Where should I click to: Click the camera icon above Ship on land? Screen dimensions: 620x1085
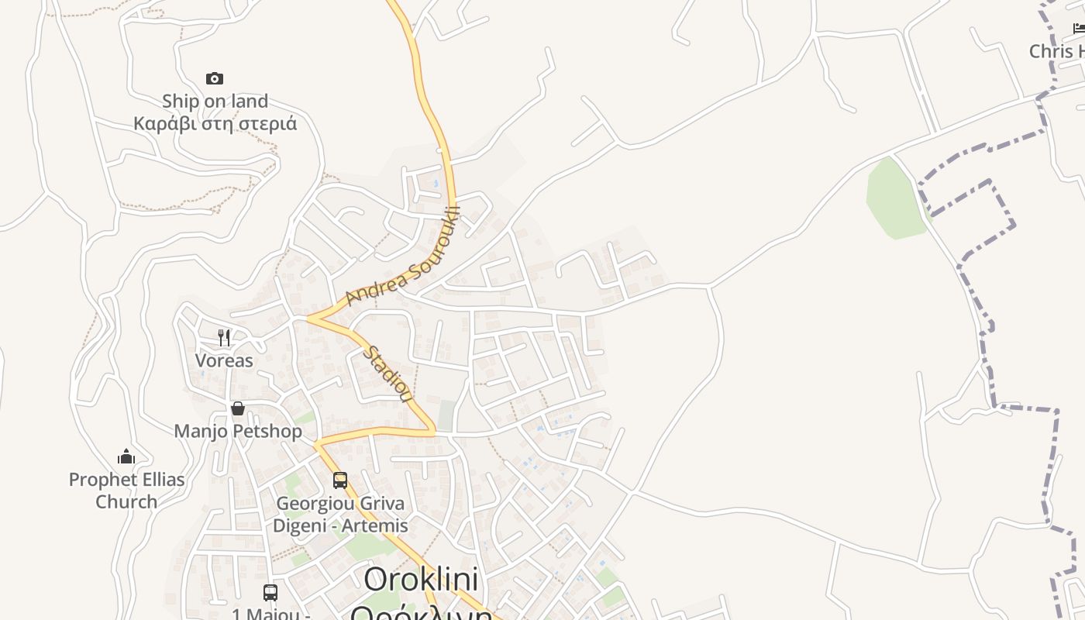[x=215, y=78]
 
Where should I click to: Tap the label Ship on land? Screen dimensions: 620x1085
[x=215, y=101]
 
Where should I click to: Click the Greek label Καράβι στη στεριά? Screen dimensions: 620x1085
[x=215, y=123]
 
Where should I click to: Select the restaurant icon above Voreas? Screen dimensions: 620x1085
[x=224, y=337]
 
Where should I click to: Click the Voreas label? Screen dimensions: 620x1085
[x=224, y=360]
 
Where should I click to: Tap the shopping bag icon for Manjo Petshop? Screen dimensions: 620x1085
[x=238, y=408]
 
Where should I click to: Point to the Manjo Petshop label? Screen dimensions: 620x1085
[x=238, y=431]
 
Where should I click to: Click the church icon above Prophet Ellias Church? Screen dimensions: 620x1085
[x=126, y=456]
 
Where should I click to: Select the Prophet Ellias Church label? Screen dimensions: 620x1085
[x=126, y=490]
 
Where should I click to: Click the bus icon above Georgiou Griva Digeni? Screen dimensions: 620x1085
[x=340, y=480]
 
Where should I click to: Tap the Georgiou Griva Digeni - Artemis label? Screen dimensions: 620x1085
[x=340, y=514]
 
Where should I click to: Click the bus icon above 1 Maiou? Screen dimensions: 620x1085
[x=270, y=593]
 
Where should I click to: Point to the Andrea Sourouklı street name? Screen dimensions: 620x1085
[x=403, y=256]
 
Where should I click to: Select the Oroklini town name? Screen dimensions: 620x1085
[x=421, y=580]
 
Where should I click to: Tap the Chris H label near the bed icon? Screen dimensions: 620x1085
[x=1056, y=51]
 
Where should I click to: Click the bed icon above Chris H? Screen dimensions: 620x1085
[x=1079, y=29]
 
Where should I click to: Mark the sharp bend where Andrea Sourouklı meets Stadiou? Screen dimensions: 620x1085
[x=309, y=318]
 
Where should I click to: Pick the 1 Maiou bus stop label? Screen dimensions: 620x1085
[x=270, y=614]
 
